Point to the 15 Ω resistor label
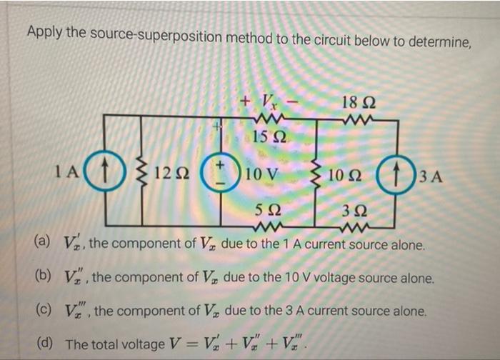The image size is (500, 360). [x=266, y=136]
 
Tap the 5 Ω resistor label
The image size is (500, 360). [x=266, y=211]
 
